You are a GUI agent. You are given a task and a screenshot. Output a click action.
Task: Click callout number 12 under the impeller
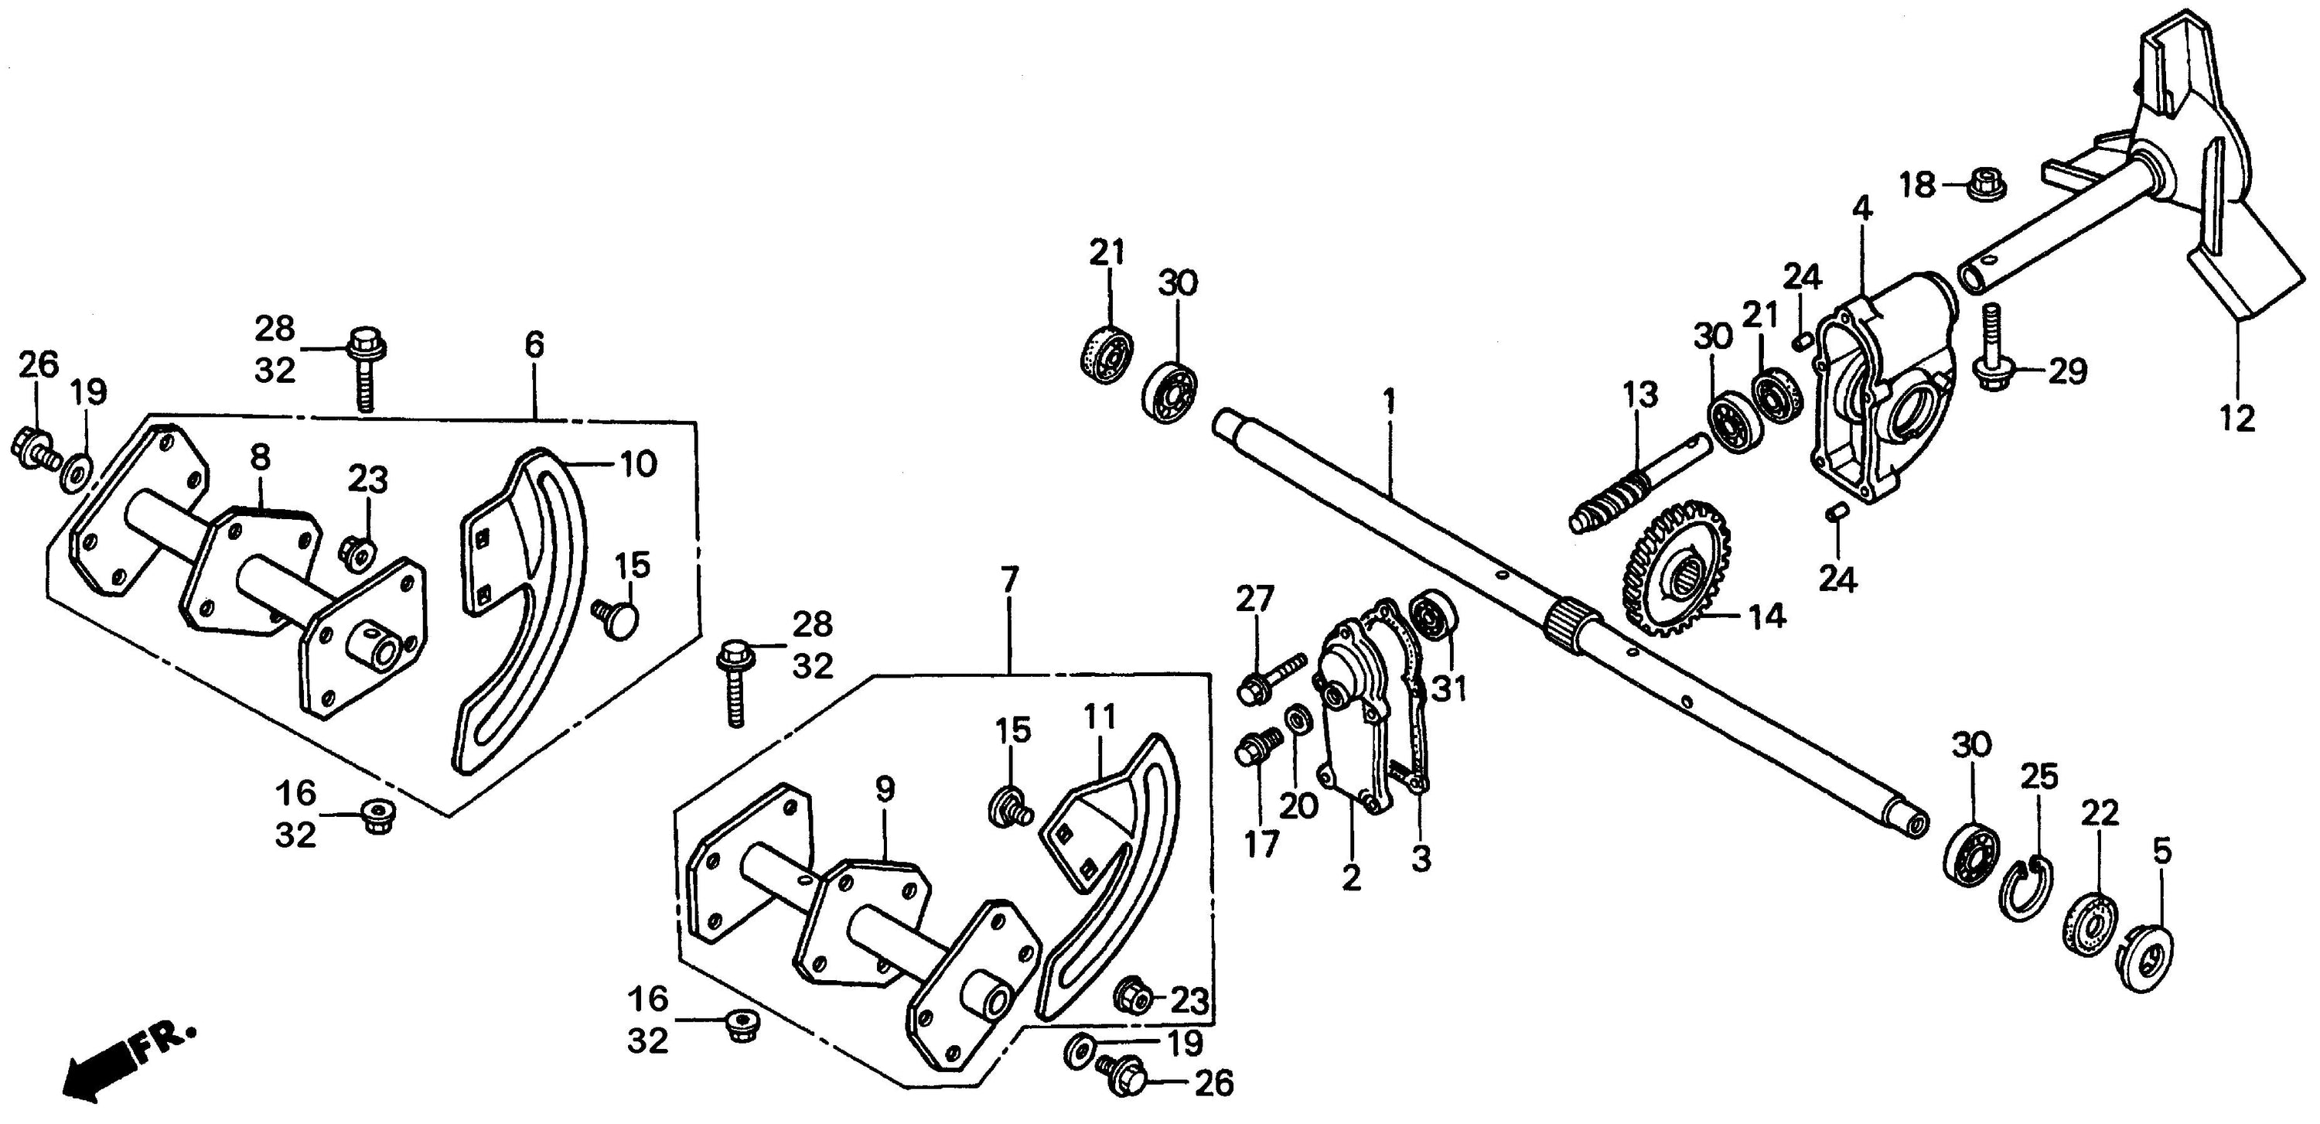tap(2237, 418)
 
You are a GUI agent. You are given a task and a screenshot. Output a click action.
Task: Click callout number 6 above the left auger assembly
tap(534, 344)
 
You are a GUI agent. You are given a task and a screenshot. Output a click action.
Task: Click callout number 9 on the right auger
tap(885, 790)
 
